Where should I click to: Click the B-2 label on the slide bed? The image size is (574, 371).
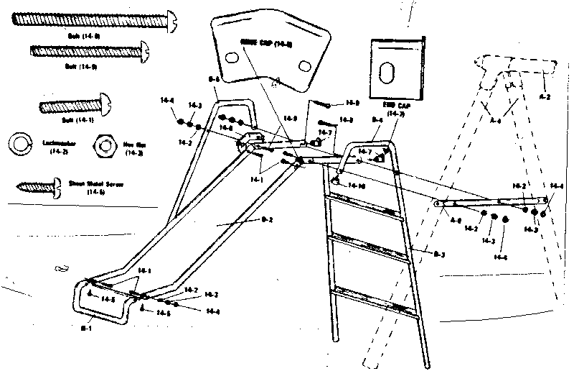(x=265, y=220)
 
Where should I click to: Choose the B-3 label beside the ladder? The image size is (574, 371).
(x=439, y=253)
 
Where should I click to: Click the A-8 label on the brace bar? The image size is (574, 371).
(x=455, y=221)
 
